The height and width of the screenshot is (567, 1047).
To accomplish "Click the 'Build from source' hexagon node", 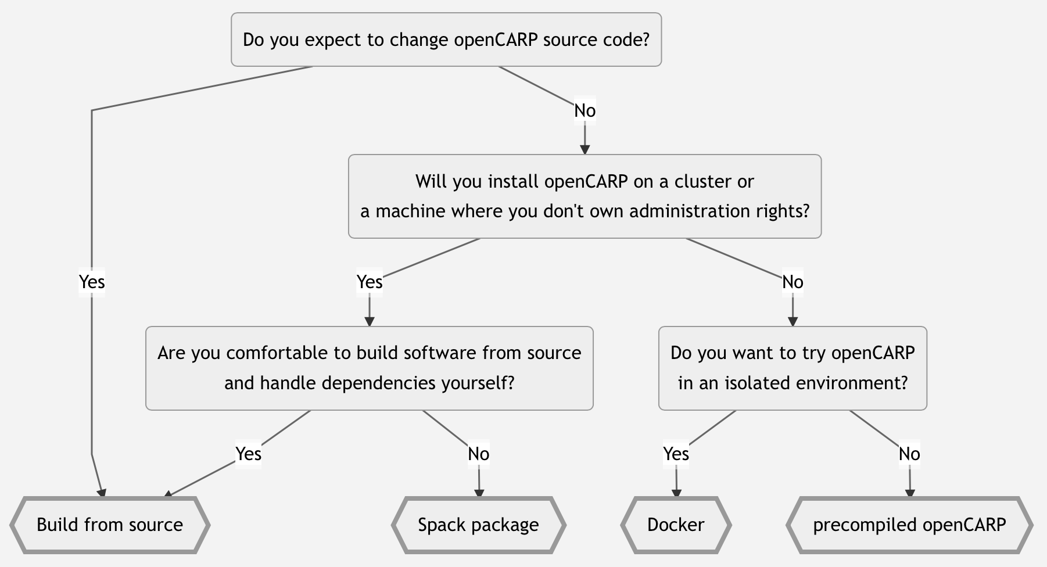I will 109,525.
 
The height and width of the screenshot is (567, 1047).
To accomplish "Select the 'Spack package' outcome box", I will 478,525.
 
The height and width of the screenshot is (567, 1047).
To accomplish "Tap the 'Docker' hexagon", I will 676,525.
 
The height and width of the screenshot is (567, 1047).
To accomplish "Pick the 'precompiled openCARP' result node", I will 909,525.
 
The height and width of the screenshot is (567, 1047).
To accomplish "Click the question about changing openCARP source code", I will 446,40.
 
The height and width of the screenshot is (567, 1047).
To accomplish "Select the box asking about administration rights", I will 585,196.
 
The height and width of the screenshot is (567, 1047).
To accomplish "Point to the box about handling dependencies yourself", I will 369,368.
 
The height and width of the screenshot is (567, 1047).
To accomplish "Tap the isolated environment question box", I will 793,368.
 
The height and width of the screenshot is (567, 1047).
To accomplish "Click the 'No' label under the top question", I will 585,110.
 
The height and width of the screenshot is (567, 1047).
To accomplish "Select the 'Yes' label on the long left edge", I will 92,282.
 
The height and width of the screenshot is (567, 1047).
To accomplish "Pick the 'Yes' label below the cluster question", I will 369,282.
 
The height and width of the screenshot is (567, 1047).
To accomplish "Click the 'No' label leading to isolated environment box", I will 793,282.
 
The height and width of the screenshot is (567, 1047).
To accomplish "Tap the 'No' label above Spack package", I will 479,454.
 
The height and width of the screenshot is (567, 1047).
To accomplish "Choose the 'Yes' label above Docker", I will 676,454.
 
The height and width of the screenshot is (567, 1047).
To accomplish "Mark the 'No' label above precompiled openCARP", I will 909,454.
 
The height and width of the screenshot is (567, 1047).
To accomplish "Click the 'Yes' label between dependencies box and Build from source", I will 248,454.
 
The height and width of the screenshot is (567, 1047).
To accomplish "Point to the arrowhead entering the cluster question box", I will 585,150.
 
